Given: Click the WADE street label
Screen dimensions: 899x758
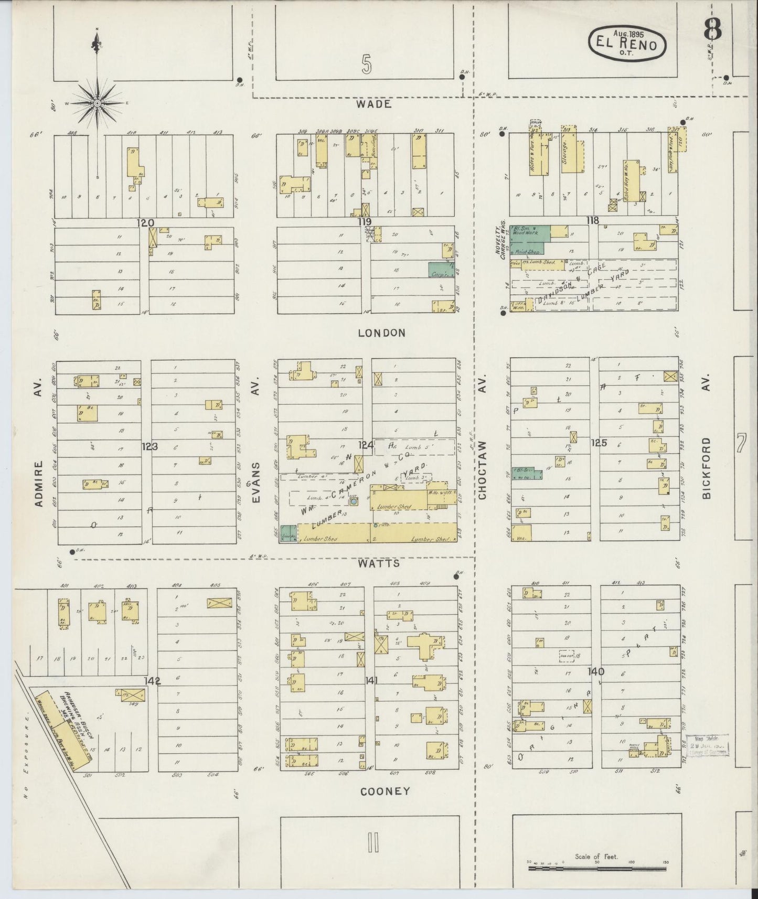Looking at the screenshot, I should [x=373, y=104].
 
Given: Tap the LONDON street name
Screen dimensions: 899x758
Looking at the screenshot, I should [x=382, y=333].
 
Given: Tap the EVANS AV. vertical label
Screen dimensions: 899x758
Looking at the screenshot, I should [x=256, y=483].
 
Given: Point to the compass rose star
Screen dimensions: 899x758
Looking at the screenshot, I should [x=97, y=104].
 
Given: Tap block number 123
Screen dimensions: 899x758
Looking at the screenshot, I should [x=150, y=446].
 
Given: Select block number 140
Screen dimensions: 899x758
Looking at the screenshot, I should [x=596, y=671].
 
